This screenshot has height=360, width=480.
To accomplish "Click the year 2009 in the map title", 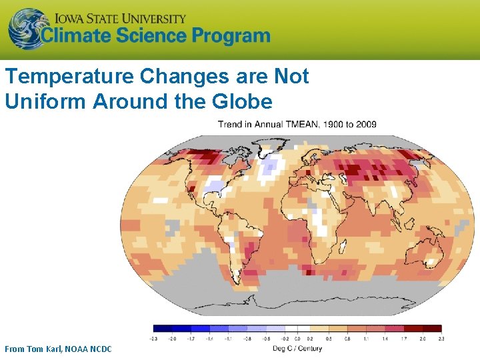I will (365, 124).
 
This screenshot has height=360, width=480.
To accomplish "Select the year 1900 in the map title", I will (331, 124).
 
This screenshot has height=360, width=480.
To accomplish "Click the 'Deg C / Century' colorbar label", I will (297, 349).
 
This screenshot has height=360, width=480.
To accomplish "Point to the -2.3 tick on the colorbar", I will (154, 339).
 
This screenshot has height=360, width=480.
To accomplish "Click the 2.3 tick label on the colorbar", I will (441, 339).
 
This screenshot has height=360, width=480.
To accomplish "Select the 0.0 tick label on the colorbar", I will (297, 339).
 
